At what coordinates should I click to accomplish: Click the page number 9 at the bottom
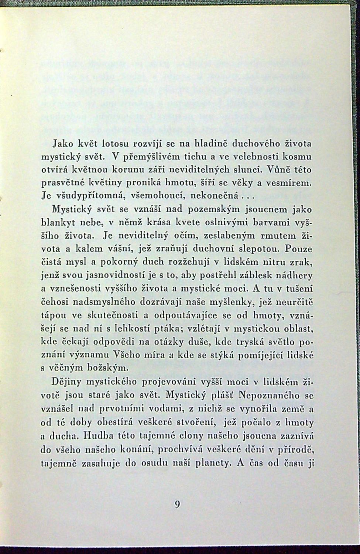178,505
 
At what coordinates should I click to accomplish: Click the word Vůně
272,170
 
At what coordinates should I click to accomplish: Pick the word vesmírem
291,184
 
